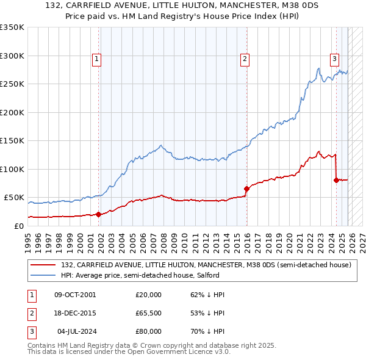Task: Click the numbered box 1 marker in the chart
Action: (97, 59)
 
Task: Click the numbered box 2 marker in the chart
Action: (245, 59)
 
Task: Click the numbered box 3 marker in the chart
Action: (335, 59)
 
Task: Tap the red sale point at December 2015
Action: (246, 189)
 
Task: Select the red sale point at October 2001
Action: (98, 214)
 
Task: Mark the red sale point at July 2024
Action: (336, 180)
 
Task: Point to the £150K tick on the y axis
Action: (12, 140)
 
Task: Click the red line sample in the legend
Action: (42, 265)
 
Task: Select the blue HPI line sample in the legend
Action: (42, 275)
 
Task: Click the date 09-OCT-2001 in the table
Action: (75, 295)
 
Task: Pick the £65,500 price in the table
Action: (148, 313)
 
